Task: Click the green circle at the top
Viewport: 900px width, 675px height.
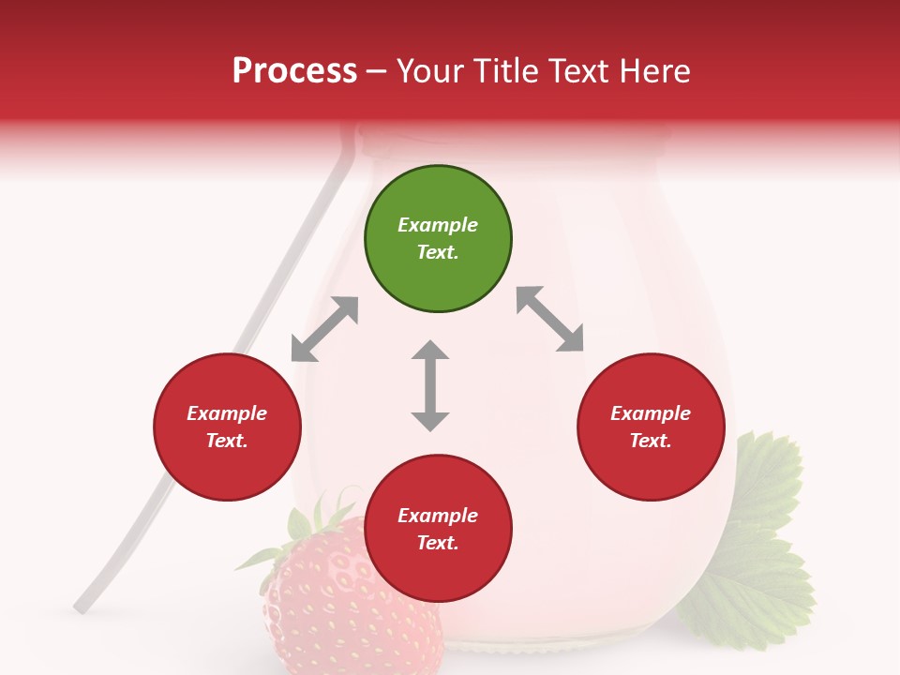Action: [438, 238]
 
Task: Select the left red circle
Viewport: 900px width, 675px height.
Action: [227, 427]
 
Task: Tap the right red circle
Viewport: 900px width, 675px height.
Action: [651, 427]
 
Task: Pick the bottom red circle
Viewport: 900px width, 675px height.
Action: [438, 529]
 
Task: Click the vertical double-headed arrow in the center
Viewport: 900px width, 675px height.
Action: [430, 385]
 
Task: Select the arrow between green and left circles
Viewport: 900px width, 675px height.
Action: [324, 329]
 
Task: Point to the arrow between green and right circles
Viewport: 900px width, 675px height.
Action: [549, 320]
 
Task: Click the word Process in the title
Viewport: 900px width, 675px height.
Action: [294, 71]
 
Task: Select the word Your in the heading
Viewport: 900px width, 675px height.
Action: [428, 71]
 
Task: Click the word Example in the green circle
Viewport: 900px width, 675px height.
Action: [438, 225]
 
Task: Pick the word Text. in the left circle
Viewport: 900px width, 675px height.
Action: [227, 441]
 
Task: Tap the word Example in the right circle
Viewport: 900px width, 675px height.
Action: [651, 413]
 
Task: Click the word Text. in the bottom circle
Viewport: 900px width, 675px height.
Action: [438, 543]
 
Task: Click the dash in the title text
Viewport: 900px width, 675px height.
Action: [377, 72]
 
